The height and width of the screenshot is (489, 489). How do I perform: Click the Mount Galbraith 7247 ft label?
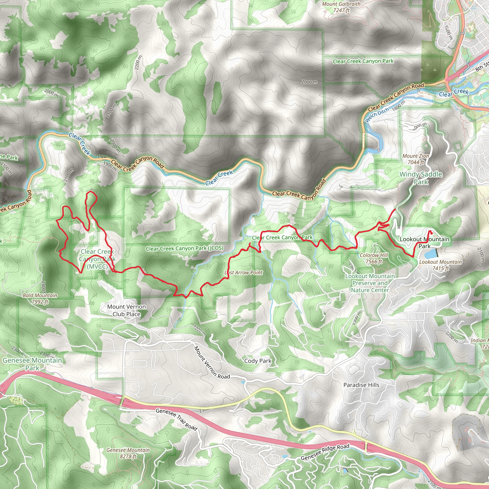point(341,7)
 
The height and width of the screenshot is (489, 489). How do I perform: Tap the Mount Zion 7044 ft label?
point(416,159)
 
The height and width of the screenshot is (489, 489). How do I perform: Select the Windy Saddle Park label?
point(421,178)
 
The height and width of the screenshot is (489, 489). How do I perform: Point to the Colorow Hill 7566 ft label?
point(374,258)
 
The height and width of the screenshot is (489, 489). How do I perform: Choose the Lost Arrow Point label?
point(244,273)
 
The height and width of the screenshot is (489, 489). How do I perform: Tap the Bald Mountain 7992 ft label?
point(40,298)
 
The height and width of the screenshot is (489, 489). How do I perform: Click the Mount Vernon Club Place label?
point(126,310)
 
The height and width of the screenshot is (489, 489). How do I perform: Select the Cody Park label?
point(258,361)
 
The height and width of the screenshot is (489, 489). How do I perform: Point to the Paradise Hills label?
point(361,385)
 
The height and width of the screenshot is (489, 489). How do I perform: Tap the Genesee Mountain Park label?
point(32,364)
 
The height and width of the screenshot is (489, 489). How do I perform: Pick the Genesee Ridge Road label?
point(325,452)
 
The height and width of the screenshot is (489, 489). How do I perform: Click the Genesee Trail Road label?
point(176,419)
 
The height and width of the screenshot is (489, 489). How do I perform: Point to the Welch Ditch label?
point(377,114)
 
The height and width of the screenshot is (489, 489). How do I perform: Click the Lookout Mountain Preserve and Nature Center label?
point(370,283)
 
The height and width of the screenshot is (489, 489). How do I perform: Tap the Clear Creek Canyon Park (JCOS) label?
point(185,248)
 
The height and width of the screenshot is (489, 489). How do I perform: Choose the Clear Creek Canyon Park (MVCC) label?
point(97,259)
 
